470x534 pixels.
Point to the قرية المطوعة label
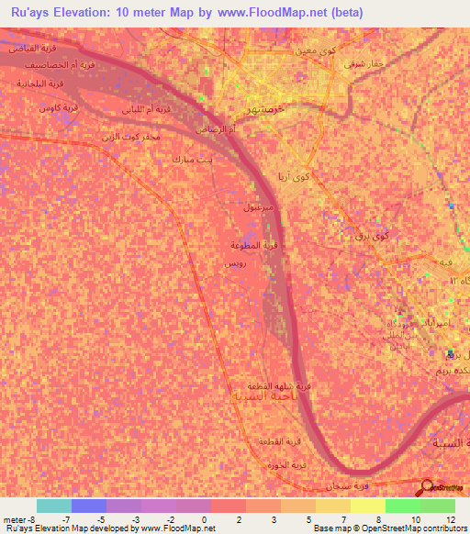pyautogui.click(x=260, y=244)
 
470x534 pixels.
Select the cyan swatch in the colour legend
pyautogui.click(x=54, y=506)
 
